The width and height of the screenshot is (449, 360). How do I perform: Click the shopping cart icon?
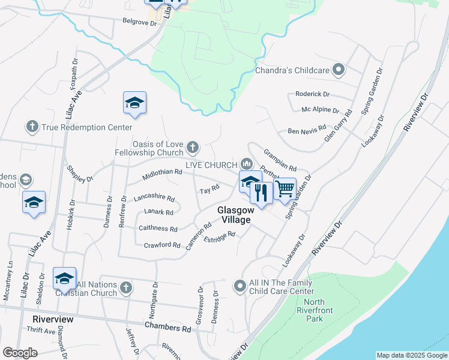click(285, 189)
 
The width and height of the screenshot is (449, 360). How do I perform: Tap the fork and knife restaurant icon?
click(261, 193)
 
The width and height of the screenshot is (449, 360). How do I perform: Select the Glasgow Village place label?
click(234, 215)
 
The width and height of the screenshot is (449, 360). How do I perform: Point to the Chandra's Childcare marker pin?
click(339, 70)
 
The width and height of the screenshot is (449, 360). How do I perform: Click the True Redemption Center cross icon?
click(32, 127)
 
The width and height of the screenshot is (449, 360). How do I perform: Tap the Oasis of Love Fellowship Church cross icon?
click(193, 146)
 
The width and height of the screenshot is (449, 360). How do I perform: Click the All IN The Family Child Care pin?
click(240, 286)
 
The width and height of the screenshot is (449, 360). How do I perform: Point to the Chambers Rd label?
click(168, 328)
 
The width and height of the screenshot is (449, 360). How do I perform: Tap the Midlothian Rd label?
click(162, 175)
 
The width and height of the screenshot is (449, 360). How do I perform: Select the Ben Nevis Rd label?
click(306, 130)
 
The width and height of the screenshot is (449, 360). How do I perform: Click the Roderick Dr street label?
click(312, 94)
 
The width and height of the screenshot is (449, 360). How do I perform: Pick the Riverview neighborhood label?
click(53, 319)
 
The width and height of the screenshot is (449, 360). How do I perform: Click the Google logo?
click(20, 353)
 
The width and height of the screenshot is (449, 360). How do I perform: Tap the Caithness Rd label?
click(158, 229)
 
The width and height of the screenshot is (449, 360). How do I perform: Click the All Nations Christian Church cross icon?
click(125, 288)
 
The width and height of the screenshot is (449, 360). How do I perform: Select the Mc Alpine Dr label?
click(320, 110)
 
